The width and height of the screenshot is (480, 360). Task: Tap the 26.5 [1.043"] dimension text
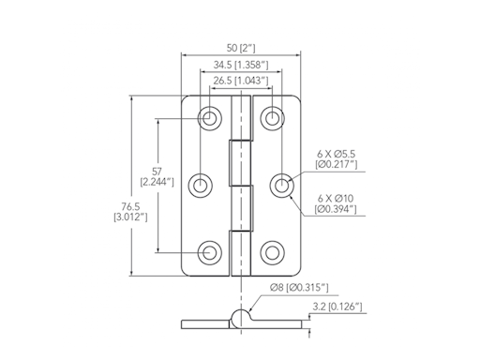[x=240, y=82]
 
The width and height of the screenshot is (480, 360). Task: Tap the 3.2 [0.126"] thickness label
[x=338, y=307]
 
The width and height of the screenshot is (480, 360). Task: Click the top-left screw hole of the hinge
[x=209, y=119]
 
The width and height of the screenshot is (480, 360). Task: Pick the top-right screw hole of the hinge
[x=272, y=119]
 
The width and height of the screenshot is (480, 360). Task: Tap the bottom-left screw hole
[x=209, y=251]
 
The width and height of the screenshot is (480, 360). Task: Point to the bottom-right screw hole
[x=272, y=251]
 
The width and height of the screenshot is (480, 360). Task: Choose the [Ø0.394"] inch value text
[x=337, y=209]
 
